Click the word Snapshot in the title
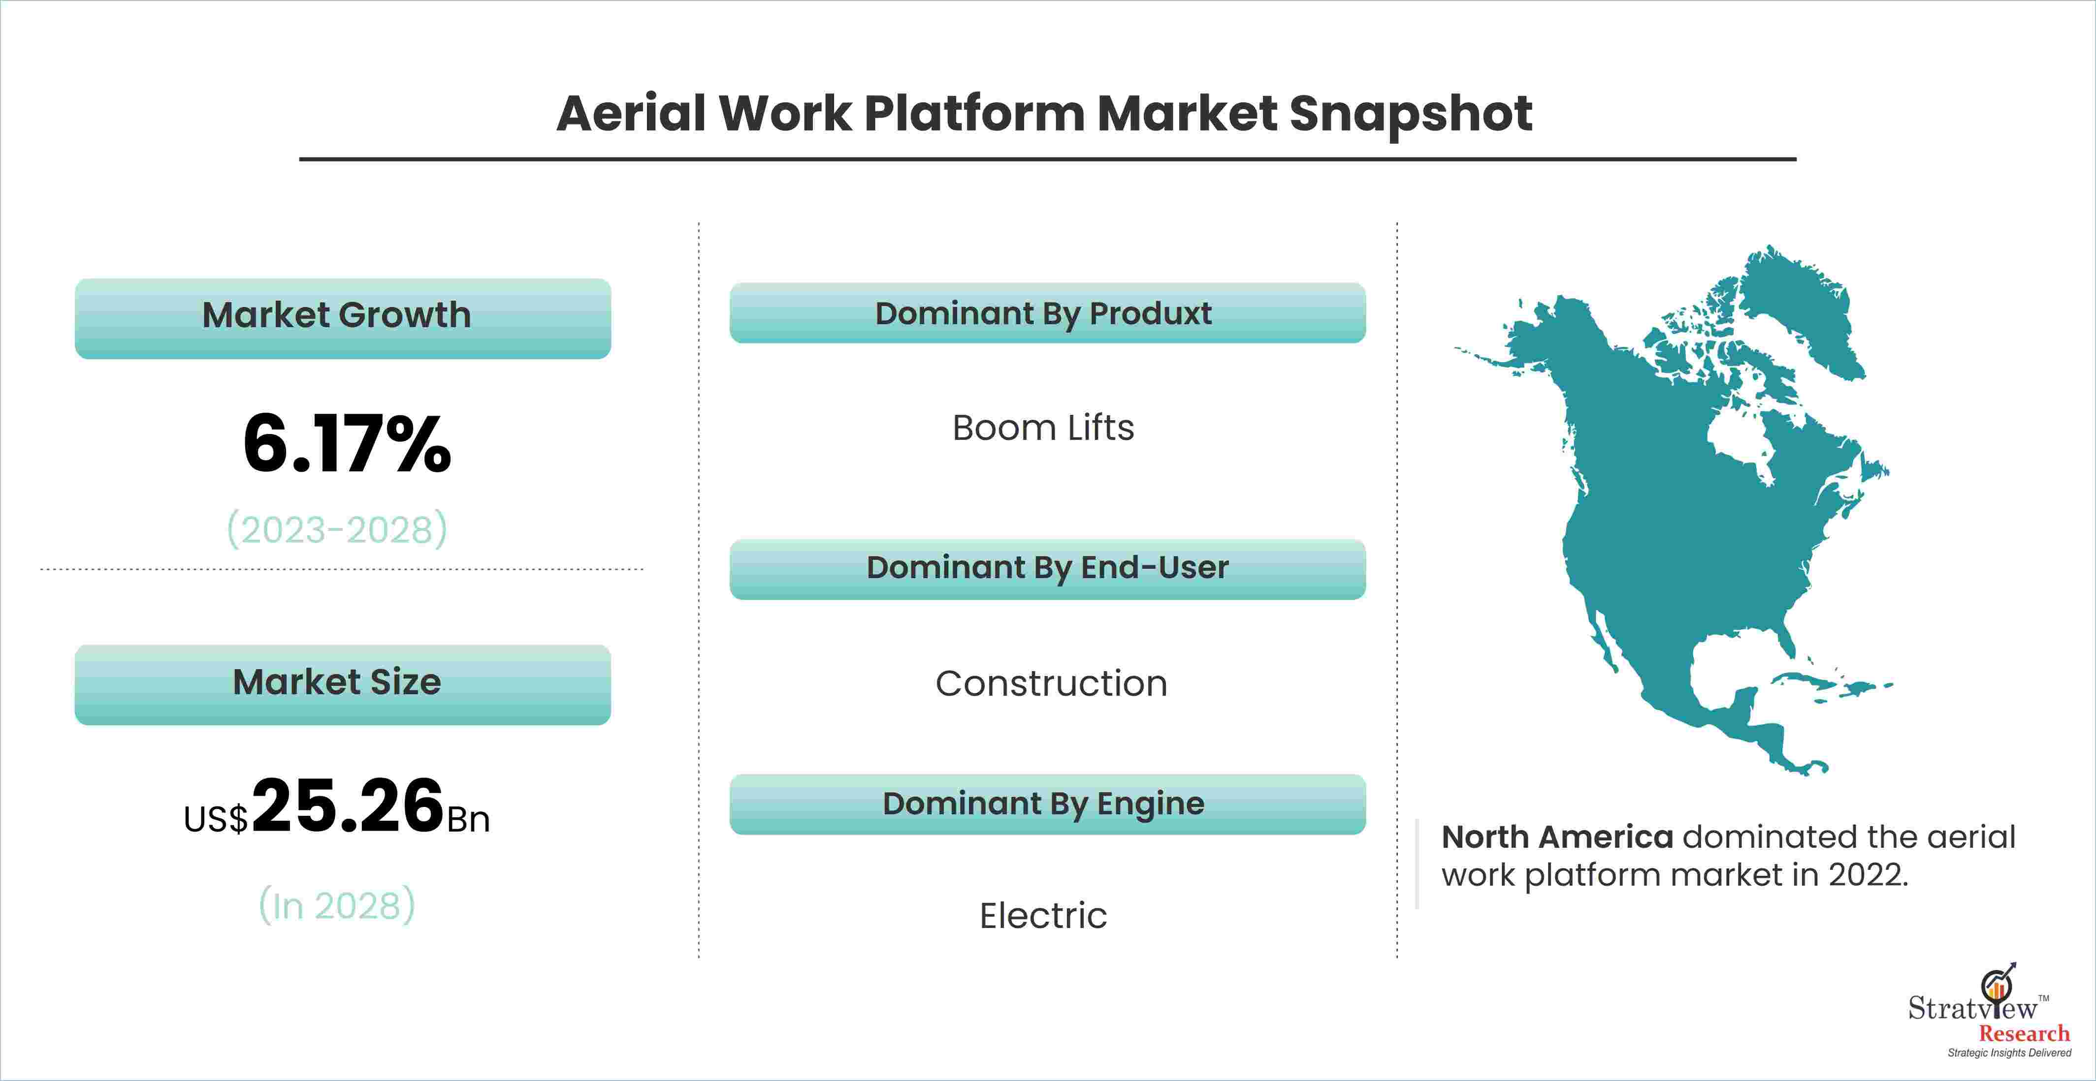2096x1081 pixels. coord(1411,114)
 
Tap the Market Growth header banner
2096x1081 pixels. coord(343,318)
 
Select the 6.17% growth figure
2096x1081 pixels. coord(347,444)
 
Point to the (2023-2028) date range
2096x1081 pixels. coord(337,529)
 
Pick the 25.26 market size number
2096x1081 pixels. coord(348,805)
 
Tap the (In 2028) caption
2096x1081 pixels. coord(337,905)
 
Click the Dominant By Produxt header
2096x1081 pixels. coord(1047,313)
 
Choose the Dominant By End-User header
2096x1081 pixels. coord(1047,569)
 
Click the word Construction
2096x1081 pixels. coord(1051,683)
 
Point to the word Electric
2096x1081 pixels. coord(1043,916)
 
